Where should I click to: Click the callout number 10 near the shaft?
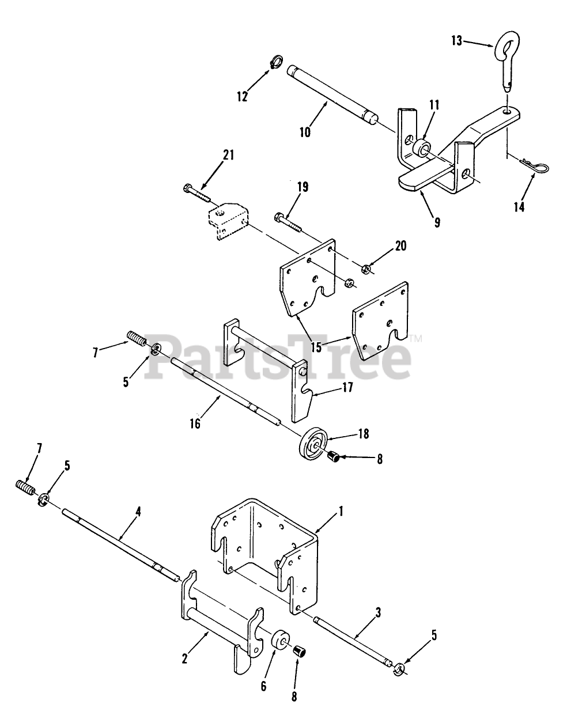(305, 132)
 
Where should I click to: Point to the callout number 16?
(195, 423)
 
